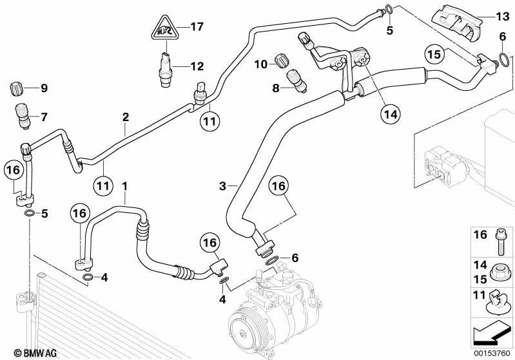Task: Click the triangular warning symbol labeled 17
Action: pos(164,28)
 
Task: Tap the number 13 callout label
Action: pos(502,15)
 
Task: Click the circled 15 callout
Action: pos(435,54)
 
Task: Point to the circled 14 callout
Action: pos(391,114)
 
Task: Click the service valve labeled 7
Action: pos(21,116)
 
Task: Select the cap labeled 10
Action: pos(281,61)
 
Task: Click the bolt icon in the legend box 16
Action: pos(500,242)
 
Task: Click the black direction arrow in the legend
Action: pos(492,334)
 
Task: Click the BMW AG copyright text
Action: pos(35,353)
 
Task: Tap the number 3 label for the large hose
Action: pos(222,186)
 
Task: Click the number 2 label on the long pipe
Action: pos(126,117)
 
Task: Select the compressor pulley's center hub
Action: pos(243,334)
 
